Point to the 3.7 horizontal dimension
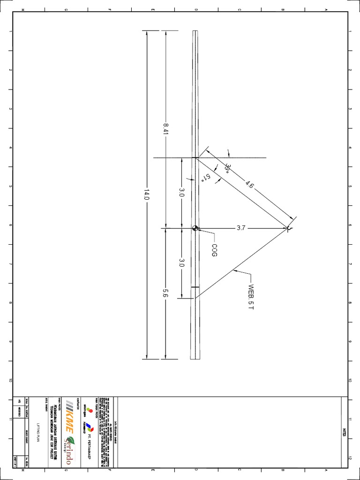coord(240,228)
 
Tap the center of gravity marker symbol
coord(195,228)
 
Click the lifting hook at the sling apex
coord(289,228)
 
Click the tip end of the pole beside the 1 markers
coord(195,32)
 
